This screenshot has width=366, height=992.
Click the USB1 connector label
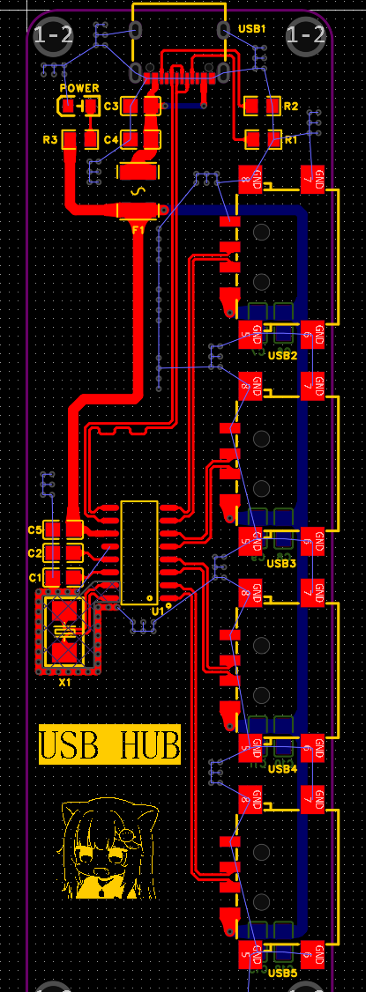pyautogui.click(x=251, y=29)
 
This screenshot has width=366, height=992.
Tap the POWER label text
pyautogui.click(x=78, y=89)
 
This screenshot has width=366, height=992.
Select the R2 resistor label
pyautogui.click(x=291, y=106)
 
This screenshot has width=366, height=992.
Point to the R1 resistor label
pyautogui.click(x=291, y=139)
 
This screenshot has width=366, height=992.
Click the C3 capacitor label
pyautogui.click(x=111, y=106)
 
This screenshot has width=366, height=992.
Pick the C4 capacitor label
pyautogui.click(x=111, y=139)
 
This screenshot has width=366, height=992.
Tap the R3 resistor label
pyautogui.click(x=49, y=139)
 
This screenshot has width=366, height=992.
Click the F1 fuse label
pyautogui.click(x=138, y=229)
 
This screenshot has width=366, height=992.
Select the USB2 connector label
pyautogui.click(x=282, y=355)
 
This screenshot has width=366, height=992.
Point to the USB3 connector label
pyautogui.click(x=282, y=563)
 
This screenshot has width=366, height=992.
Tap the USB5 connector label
pyautogui.click(x=282, y=973)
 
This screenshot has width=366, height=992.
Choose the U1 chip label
pyautogui.click(x=157, y=610)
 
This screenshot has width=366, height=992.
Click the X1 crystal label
pyautogui.click(x=64, y=683)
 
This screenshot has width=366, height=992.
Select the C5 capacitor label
pyautogui.click(x=34, y=529)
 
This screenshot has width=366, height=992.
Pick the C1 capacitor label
pyautogui.click(x=34, y=577)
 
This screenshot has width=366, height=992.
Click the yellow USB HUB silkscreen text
pyautogui.click(x=109, y=745)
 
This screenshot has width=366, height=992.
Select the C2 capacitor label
pyautogui.click(x=34, y=553)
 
